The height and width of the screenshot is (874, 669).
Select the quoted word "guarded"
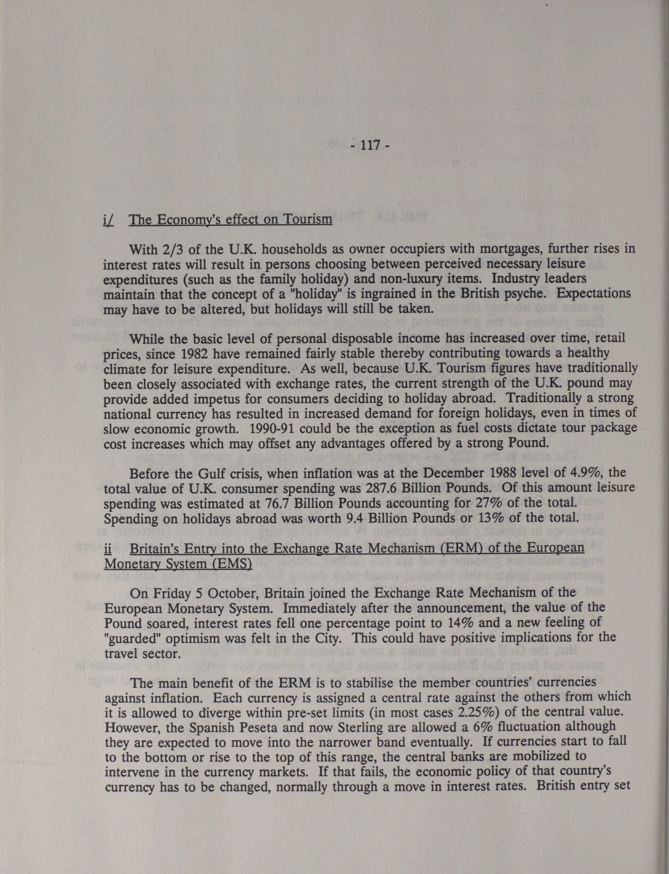129,638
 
